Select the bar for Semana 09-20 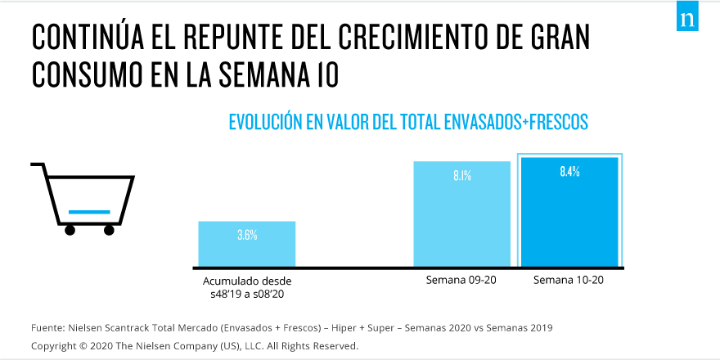(x=462, y=213)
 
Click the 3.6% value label (x=247, y=235)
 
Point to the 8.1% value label (x=462, y=175)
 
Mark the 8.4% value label (x=570, y=172)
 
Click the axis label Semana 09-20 (x=461, y=281)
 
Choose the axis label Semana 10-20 (x=569, y=281)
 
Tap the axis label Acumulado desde (x=247, y=281)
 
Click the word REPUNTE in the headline (x=227, y=38)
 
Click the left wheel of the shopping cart (x=70, y=230)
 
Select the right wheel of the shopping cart (x=109, y=230)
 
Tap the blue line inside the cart (x=89, y=212)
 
